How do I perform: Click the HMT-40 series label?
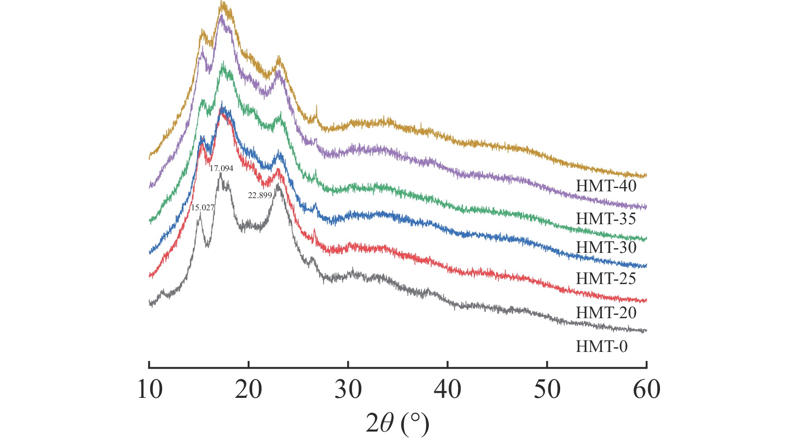606,186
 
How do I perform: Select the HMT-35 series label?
606,219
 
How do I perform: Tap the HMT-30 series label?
606,247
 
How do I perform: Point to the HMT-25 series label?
606,279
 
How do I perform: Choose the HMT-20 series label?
606,313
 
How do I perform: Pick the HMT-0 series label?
601,346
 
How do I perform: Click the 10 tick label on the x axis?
150,389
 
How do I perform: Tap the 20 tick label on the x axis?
248,389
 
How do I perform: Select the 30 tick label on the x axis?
348,389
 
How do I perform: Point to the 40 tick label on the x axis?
448,389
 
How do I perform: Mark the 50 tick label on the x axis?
547,389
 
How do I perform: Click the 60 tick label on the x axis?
647,389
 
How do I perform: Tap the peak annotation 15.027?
203,207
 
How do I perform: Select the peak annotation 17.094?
222,168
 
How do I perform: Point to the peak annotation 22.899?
260,196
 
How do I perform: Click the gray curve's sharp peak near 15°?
200,214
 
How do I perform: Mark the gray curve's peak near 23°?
278,185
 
